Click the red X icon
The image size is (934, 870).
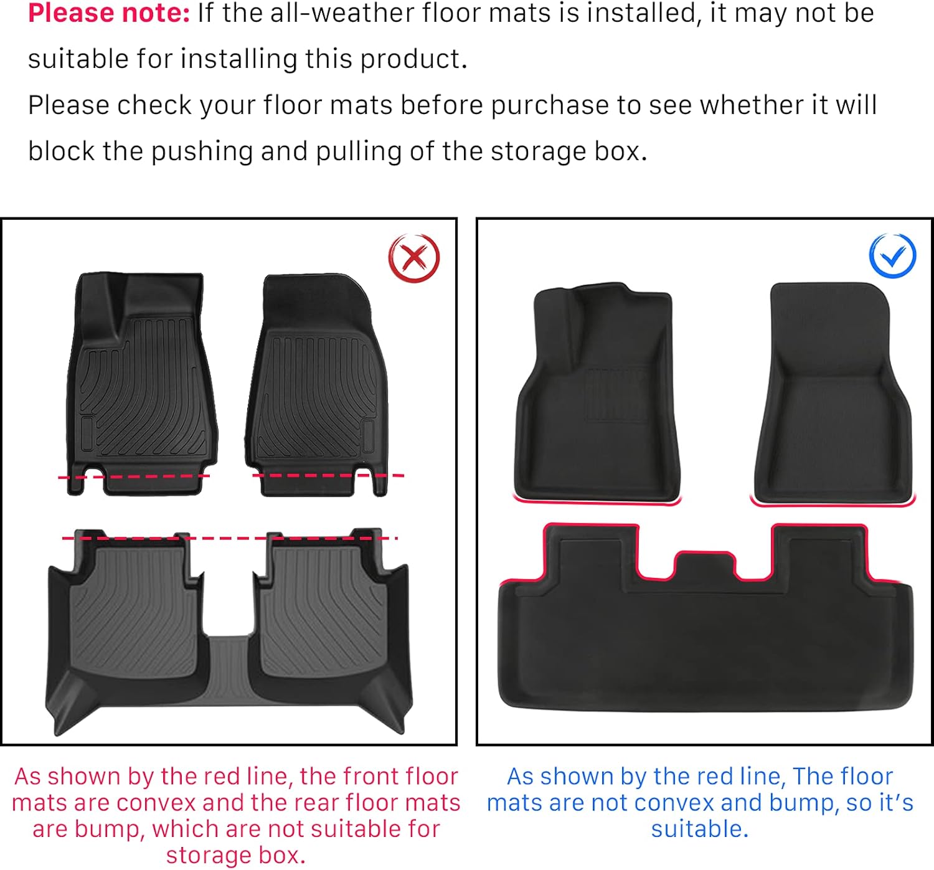coord(414,258)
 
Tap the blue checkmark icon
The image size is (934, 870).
coord(892,255)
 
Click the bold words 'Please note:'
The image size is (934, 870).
coord(109,14)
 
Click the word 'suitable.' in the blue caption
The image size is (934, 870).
coord(699,829)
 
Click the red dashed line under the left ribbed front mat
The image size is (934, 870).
coord(134,476)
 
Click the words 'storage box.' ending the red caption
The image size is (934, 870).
coord(235,855)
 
